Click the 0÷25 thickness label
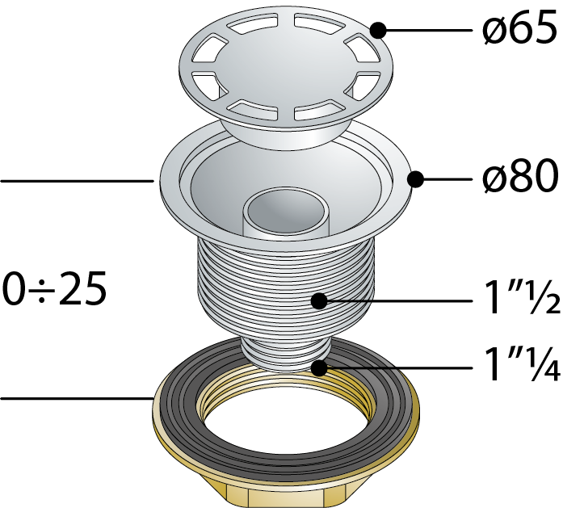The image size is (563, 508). point(54,288)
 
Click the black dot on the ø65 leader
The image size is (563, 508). point(378,30)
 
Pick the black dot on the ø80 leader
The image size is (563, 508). point(415,178)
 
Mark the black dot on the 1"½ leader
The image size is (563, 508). point(320,301)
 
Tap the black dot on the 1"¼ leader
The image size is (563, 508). point(319,367)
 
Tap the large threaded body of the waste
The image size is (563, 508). point(286,288)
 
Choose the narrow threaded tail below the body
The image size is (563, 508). point(285,354)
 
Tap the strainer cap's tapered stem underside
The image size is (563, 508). point(285,136)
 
